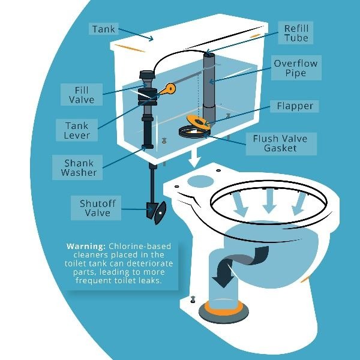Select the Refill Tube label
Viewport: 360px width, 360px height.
pyautogui.click(x=296, y=33)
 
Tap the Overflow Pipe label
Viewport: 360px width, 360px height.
pyautogui.click(x=296, y=69)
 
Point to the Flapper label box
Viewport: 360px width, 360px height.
pyautogui.click(x=295, y=106)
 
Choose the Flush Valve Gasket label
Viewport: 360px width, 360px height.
pyautogui.click(x=280, y=143)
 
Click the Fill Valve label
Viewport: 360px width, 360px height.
pyautogui.click(x=80, y=95)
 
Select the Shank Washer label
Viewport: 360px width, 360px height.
pyautogui.click(x=79, y=167)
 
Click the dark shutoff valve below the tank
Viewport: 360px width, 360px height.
pyautogui.click(x=155, y=212)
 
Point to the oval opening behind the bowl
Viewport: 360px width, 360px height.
pyautogui.click(x=200, y=181)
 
